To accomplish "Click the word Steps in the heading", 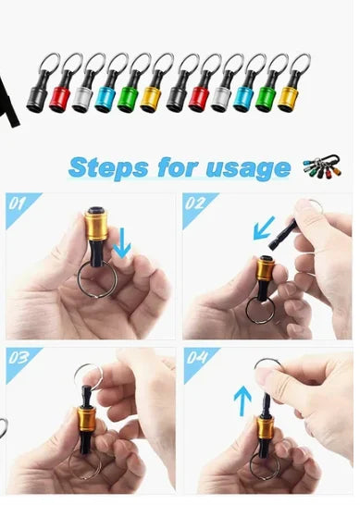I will (109, 167).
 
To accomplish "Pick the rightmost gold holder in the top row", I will (290, 95).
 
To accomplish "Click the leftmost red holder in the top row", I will (62, 95).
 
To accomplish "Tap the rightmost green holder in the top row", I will (267, 95).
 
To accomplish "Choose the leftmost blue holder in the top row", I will (107, 95).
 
